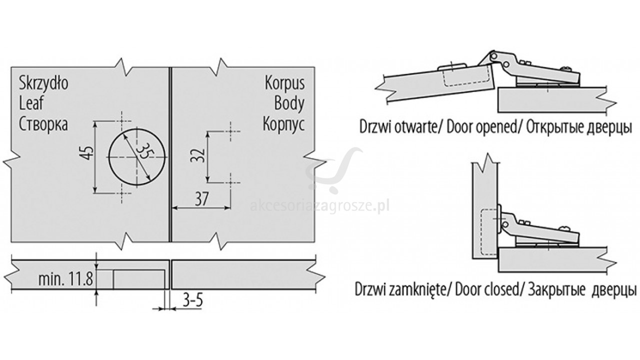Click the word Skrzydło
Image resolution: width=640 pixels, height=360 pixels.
[43, 83]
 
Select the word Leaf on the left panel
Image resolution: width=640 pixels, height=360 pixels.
[31, 103]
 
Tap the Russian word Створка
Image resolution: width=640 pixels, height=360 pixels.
[43, 123]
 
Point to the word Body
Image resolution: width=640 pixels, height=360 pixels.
[289, 103]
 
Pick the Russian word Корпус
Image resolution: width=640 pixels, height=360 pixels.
[283, 123]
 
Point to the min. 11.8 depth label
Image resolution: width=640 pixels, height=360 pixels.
[65, 278]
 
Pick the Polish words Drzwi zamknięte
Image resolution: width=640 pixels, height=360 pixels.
[400, 290]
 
